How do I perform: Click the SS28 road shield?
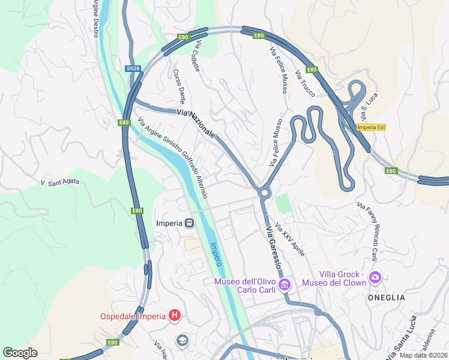click(x=133, y=69)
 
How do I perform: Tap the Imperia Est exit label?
click(x=370, y=127)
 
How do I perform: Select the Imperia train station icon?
click(x=189, y=223)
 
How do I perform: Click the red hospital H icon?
click(x=174, y=315)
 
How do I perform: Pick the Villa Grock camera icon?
click(x=376, y=277)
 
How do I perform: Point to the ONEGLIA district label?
click(x=387, y=298)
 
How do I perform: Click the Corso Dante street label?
click(x=179, y=86)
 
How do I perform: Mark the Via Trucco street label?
click(x=305, y=83)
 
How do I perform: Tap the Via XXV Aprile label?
click(x=290, y=239)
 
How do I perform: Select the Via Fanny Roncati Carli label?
click(x=367, y=232)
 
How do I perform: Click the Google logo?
click(x=20, y=353)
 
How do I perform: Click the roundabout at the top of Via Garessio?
click(x=263, y=193)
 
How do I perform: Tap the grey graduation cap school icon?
click(x=181, y=341)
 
